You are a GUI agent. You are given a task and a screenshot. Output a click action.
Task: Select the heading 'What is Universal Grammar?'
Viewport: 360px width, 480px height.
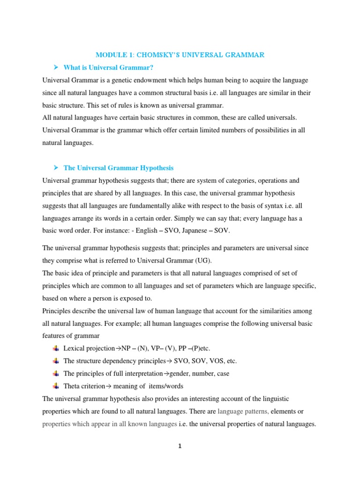point(108,68)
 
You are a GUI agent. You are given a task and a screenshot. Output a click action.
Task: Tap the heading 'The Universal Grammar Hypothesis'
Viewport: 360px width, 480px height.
point(118,168)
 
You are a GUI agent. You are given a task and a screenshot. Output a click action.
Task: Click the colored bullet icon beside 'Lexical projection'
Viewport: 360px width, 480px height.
point(56,348)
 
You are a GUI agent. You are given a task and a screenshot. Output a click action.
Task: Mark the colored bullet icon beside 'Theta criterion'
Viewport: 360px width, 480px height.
point(56,386)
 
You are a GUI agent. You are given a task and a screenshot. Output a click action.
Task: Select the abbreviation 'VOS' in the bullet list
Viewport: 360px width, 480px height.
point(214,361)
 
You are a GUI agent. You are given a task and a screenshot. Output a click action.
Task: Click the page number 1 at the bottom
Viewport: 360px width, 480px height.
point(180,447)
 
